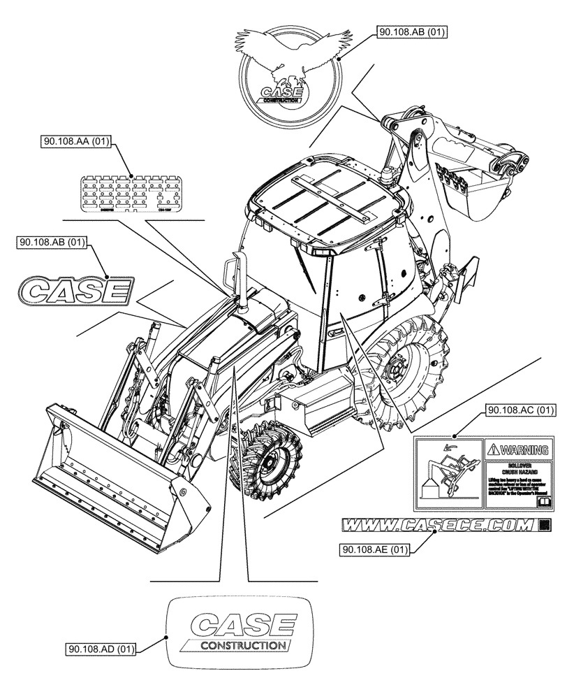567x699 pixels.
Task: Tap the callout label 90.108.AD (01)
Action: click(101, 648)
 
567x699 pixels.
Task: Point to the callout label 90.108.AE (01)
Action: click(374, 551)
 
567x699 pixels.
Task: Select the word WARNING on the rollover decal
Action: click(520, 449)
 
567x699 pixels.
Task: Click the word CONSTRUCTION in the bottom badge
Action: click(242, 645)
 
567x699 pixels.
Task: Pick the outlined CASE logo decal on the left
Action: click(75, 289)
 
